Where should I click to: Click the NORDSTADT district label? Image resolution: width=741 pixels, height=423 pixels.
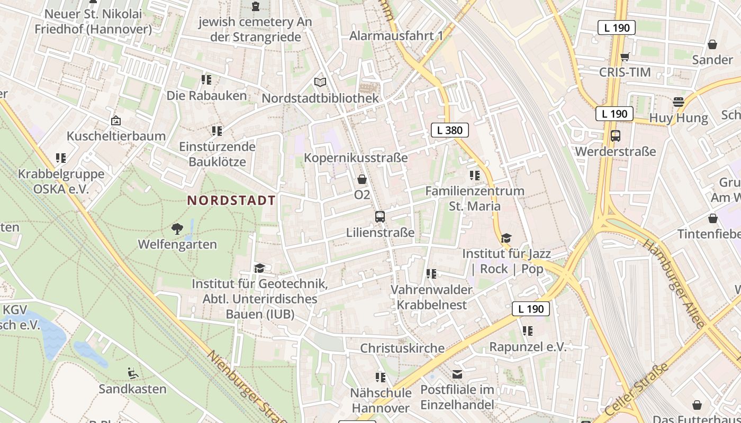(x=231, y=200)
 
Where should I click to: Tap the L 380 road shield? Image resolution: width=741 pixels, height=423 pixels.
(x=449, y=130)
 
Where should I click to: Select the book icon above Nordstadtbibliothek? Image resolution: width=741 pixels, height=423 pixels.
(x=320, y=82)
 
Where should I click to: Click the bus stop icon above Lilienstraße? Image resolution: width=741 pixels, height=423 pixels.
(x=379, y=216)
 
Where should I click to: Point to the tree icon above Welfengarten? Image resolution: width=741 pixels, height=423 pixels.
(x=177, y=229)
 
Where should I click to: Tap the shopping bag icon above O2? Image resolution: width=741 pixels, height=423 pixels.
(x=362, y=179)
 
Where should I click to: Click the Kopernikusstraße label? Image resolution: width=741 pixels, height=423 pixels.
(x=356, y=158)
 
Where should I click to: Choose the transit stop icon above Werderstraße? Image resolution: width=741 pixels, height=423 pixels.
(x=615, y=135)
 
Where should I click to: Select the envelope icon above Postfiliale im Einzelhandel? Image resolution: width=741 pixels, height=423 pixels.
(x=457, y=374)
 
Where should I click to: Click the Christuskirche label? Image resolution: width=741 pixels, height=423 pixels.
(x=402, y=348)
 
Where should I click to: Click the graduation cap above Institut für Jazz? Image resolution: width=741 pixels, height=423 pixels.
(x=507, y=238)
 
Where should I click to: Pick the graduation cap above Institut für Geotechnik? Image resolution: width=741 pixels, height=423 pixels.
(x=259, y=268)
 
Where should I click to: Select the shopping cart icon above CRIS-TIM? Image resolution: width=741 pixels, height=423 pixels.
(x=625, y=57)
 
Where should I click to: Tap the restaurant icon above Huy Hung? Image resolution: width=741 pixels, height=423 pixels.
(x=679, y=102)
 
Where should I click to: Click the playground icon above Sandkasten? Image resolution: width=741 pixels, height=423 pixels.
(x=133, y=373)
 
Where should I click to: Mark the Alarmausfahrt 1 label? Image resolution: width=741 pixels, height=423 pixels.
(x=396, y=36)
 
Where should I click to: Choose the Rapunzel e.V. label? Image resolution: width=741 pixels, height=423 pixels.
(x=528, y=347)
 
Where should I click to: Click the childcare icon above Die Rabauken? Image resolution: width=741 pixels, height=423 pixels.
(x=206, y=80)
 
